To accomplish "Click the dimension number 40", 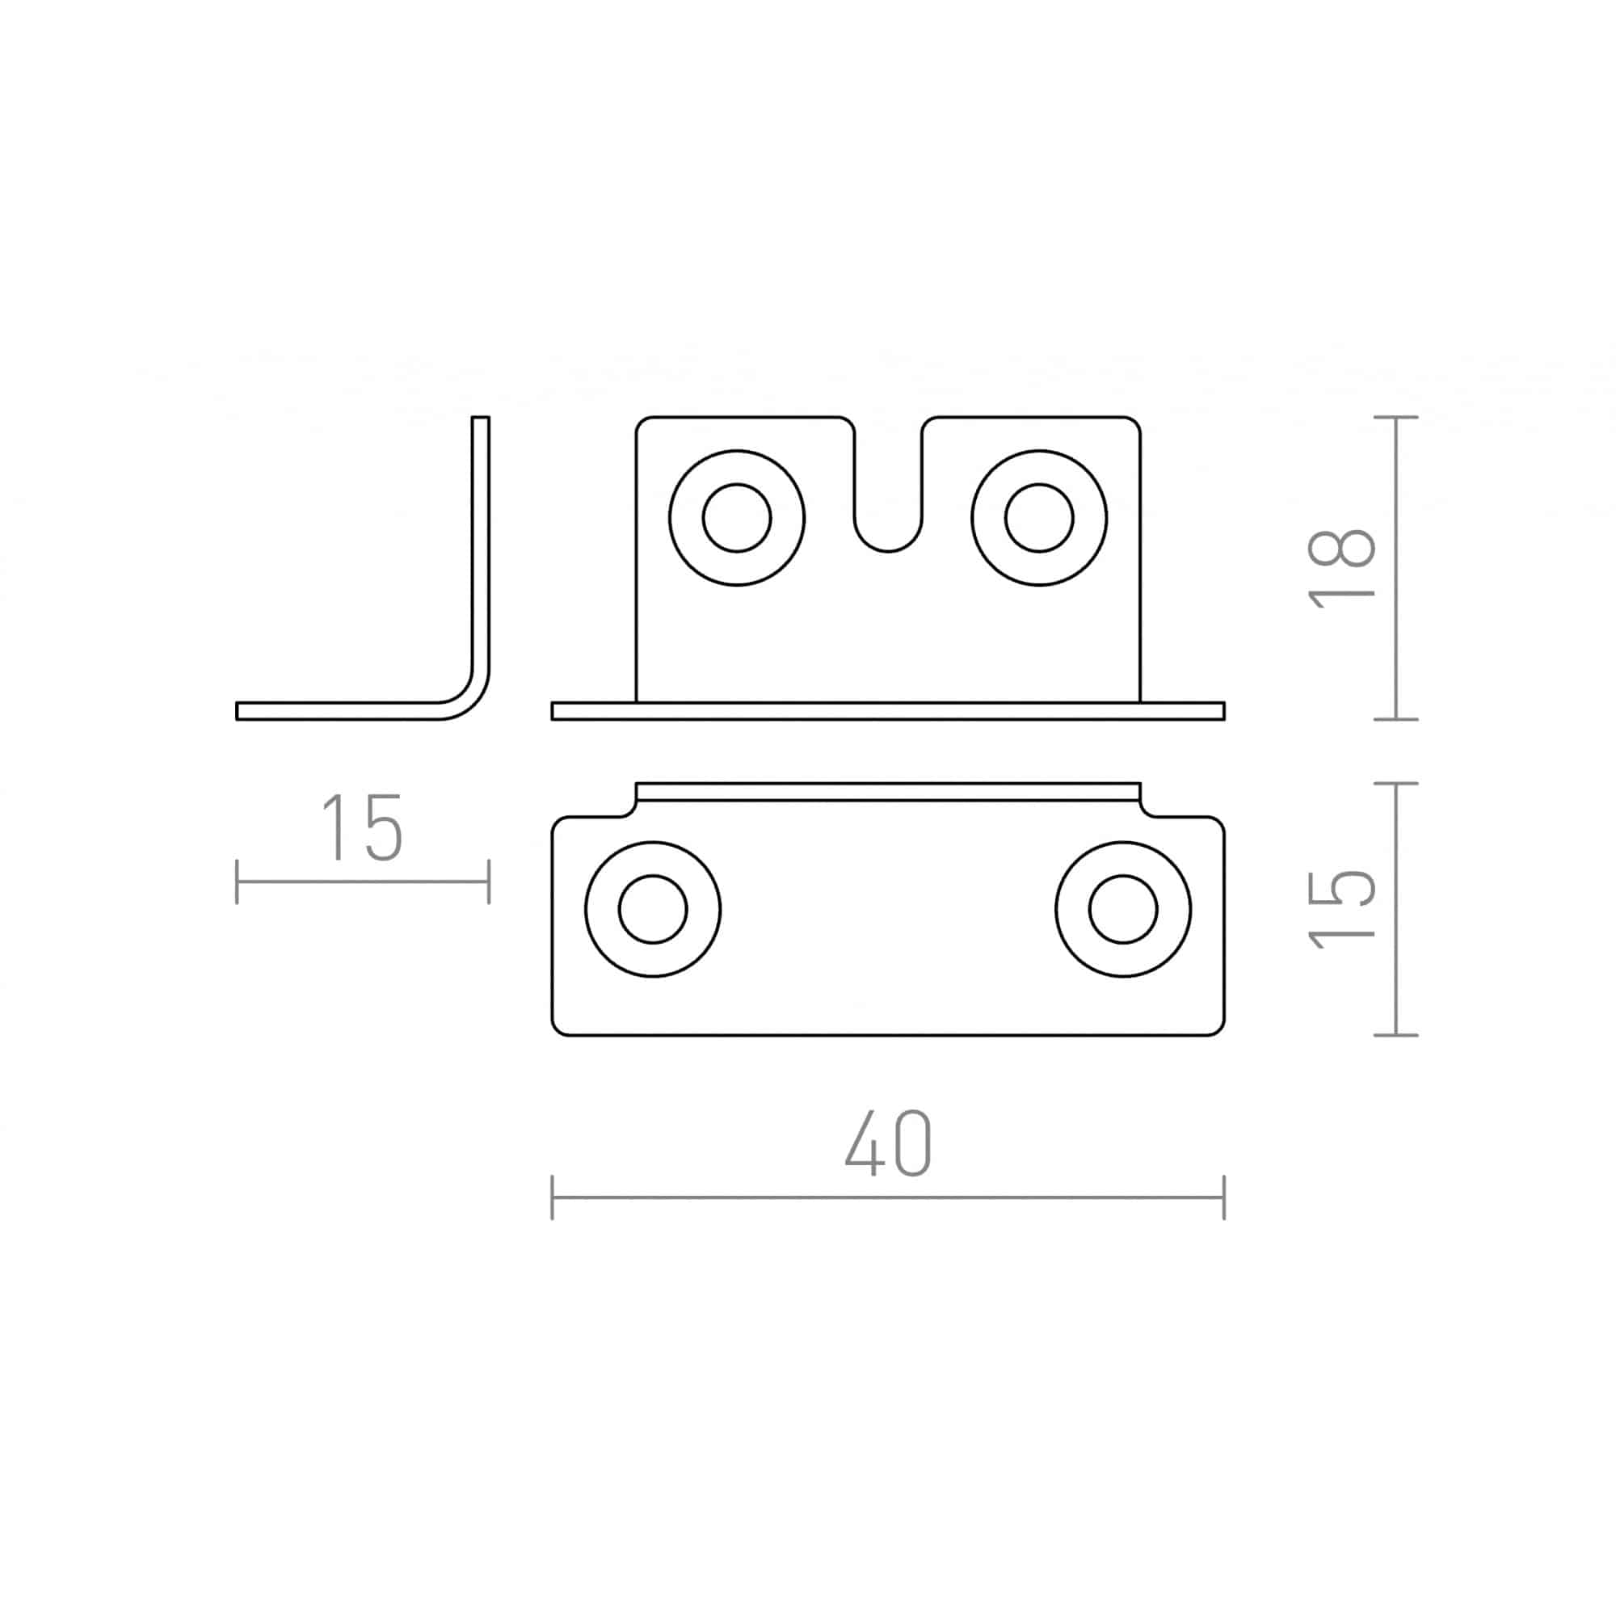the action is [x=887, y=1143].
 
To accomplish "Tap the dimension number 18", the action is [x=1341, y=568].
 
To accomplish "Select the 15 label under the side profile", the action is [x=362, y=827].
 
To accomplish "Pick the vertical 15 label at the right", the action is [x=1341, y=909].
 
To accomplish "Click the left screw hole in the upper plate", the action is [x=737, y=518].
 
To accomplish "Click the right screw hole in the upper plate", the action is [x=1039, y=518].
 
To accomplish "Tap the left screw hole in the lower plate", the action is [x=653, y=908].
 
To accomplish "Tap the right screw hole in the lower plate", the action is [x=1123, y=908].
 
